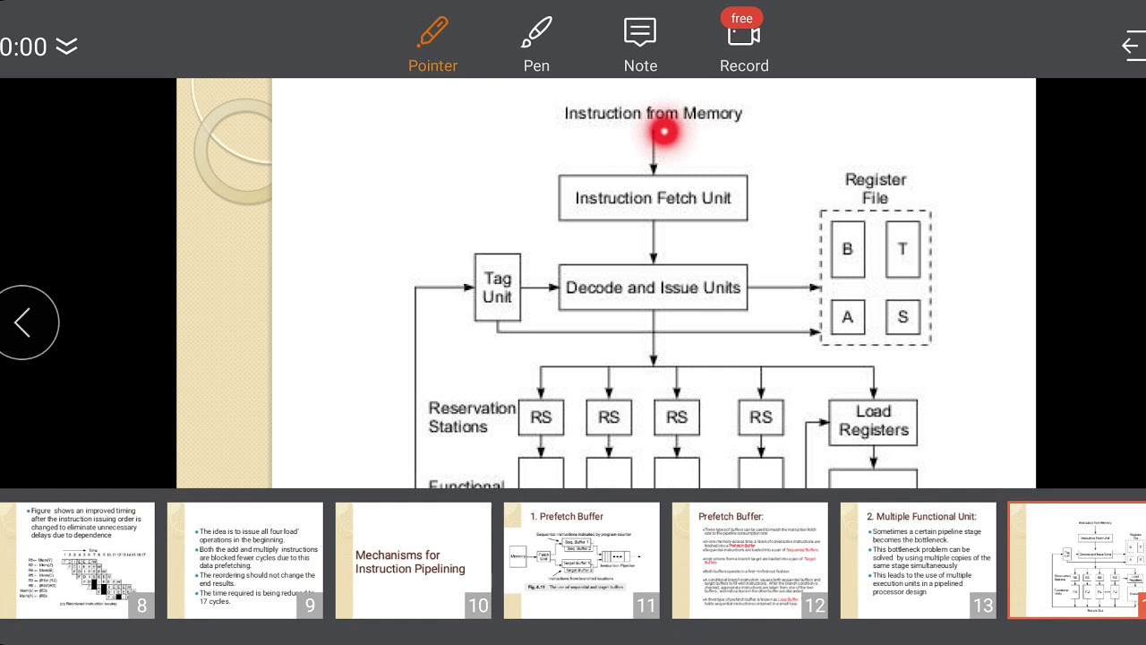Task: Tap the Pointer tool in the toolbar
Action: tap(432, 45)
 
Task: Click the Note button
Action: tap(640, 45)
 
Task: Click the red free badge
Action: tap(741, 18)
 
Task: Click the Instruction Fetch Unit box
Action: tap(653, 198)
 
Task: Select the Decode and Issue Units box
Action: tap(653, 288)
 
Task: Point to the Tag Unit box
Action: tap(497, 287)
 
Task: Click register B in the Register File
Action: tap(848, 249)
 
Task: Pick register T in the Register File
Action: tap(902, 249)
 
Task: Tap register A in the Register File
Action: tap(848, 317)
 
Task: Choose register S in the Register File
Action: tap(902, 317)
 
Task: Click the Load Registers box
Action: tap(873, 421)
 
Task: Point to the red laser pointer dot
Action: tap(664, 133)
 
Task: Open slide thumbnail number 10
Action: tap(413, 560)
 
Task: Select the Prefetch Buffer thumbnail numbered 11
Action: tap(581, 560)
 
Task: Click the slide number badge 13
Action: tap(983, 606)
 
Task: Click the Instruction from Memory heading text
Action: tap(653, 114)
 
